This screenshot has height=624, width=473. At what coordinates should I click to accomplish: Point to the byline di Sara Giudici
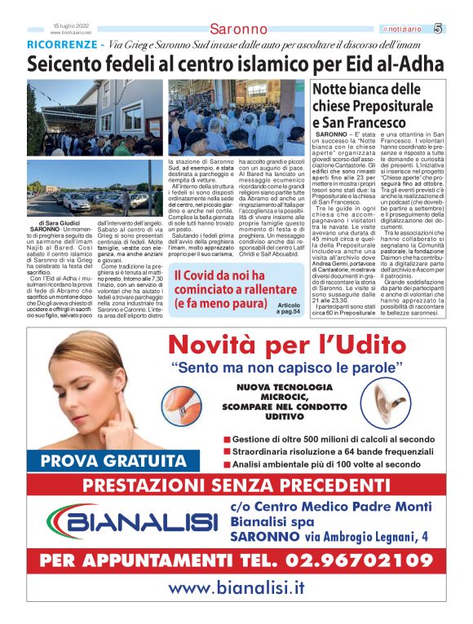60,222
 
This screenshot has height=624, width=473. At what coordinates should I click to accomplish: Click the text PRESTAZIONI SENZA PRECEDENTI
236,487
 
